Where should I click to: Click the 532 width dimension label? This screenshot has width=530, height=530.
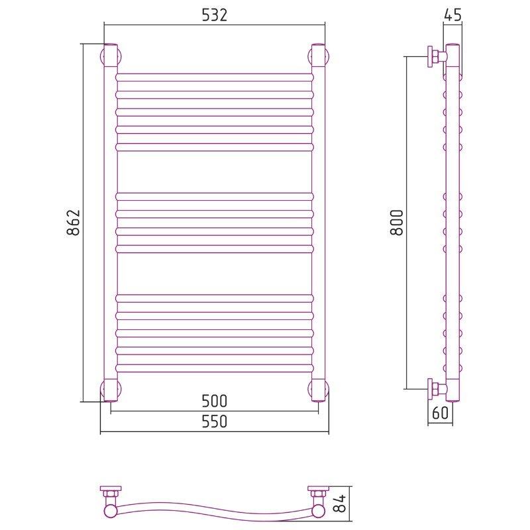tap(214, 15)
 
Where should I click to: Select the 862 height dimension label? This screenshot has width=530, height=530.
tap(74, 222)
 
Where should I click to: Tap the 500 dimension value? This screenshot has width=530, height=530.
tap(214, 401)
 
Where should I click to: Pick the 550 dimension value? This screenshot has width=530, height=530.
tap(214, 421)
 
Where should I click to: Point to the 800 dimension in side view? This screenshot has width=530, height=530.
tap(397, 222)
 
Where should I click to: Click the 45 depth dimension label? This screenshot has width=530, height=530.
tap(452, 15)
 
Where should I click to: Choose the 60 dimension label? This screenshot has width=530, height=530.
tap(440, 413)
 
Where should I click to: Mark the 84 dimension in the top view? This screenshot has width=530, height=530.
tap(341, 503)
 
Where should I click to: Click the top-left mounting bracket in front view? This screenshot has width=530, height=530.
tap(111, 56)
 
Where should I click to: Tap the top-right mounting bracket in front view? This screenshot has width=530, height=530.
tap(319, 56)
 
